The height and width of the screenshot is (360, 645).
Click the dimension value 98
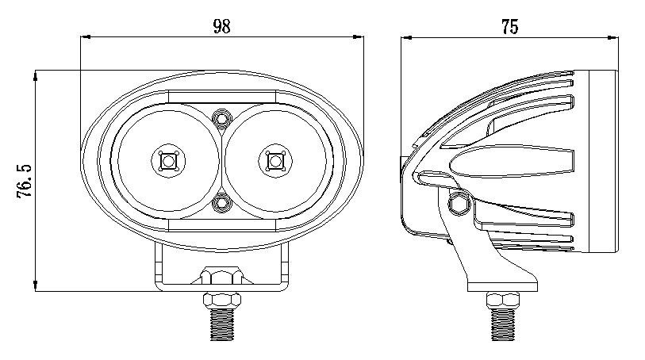pos(221,26)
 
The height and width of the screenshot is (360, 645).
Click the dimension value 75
pos(509,27)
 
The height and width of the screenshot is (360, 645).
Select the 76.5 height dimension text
pos(25,181)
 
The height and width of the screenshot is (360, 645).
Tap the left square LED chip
pos(168,161)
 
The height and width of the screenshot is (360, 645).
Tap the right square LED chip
pos(275,161)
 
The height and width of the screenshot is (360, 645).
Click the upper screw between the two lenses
pos(221,119)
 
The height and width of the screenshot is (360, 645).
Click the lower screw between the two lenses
pos(221,203)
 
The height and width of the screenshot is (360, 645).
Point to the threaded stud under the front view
pos(222,324)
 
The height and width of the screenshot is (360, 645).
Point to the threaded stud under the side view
pos(503,324)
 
